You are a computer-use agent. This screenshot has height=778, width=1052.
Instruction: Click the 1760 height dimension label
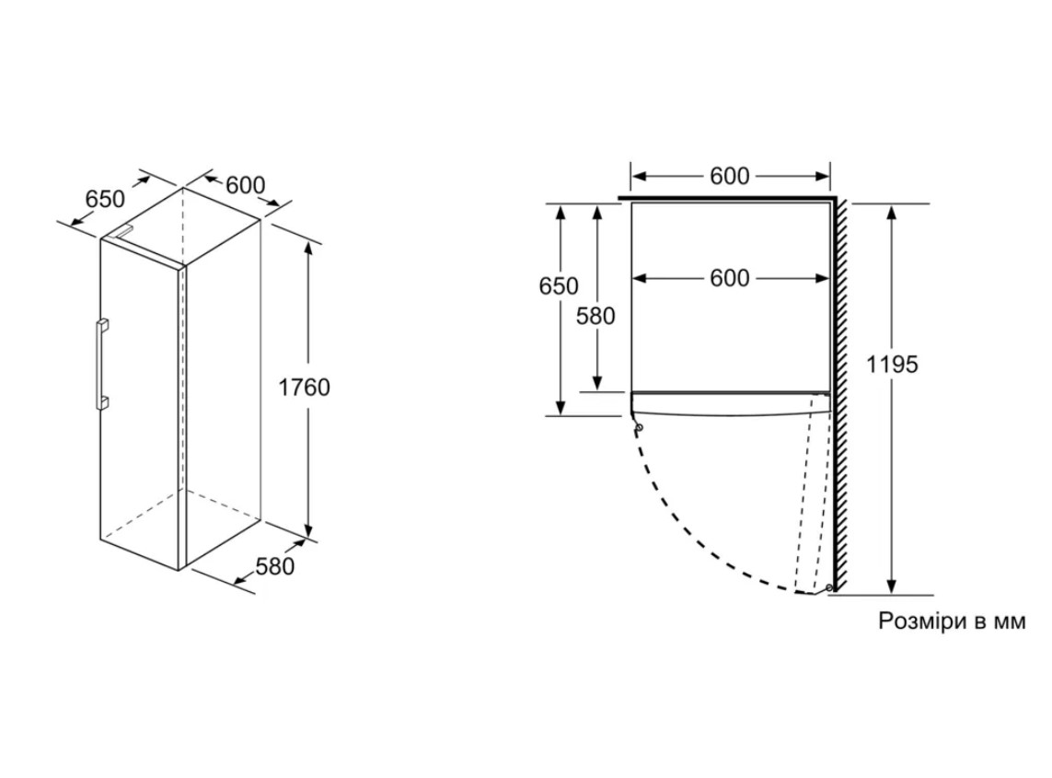coord(304,388)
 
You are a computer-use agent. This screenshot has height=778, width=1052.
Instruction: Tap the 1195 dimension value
coord(892,365)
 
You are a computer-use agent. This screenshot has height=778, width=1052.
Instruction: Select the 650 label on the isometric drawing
coord(105,200)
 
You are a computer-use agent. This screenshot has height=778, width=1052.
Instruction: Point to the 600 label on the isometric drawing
coord(246,184)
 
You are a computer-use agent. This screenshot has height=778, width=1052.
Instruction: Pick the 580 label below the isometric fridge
coord(275,566)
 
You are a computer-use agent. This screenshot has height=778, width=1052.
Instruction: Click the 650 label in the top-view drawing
coord(558,286)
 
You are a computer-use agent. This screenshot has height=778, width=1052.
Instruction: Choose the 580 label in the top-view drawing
coord(595,316)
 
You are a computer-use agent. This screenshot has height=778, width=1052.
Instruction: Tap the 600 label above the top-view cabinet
coord(729,176)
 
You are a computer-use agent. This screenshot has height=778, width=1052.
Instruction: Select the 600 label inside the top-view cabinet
coord(729,278)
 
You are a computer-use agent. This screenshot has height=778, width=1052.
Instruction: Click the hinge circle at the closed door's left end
coord(640,427)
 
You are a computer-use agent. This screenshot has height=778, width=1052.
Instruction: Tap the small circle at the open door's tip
coord(830,588)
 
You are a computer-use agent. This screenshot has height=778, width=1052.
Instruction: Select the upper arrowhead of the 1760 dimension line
coord(308,249)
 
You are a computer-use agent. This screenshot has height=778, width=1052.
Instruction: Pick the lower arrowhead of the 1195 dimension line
coord(892,586)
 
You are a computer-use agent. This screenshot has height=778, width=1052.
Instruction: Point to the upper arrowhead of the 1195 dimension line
coord(892,212)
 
